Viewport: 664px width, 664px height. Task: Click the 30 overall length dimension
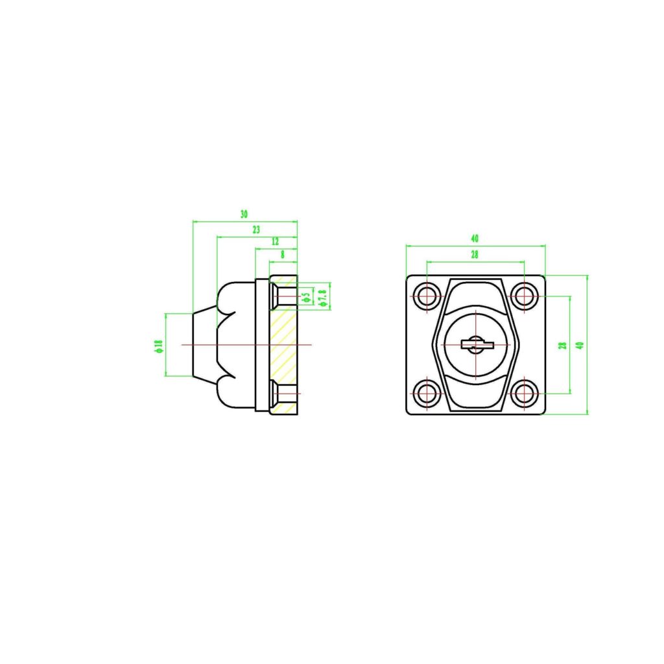[244, 214]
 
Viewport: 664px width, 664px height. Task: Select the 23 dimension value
[256, 230]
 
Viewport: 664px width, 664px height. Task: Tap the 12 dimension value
[276, 242]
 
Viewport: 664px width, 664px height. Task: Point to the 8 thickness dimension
[283, 255]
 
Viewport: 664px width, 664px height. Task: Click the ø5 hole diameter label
[306, 297]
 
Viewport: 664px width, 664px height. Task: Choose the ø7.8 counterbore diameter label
[322, 297]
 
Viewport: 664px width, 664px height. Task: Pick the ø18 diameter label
[158, 345]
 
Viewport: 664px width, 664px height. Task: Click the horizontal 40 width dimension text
[475, 239]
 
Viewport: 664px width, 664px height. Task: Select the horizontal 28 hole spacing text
[475, 255]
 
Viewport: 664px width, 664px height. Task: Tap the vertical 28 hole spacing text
[563, 345]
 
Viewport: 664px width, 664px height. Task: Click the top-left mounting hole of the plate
[427, 296]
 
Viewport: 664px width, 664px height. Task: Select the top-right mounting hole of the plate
[524, 296]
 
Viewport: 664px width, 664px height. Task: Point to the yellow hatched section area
[283, 344]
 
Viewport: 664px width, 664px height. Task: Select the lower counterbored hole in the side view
[283, 393]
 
